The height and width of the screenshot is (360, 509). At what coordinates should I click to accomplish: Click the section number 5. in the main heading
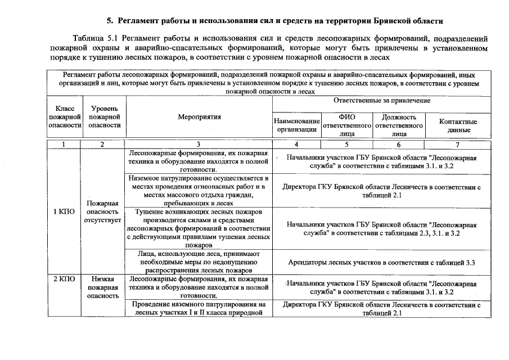pos(111,21)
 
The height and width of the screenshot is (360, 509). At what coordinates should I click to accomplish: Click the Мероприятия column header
pos(199,117)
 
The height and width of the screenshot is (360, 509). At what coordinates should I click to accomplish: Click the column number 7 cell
pos(458,145)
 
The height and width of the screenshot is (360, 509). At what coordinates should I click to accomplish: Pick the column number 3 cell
pos(199,145)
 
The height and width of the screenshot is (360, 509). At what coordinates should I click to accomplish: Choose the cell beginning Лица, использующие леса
pos(199,262)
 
